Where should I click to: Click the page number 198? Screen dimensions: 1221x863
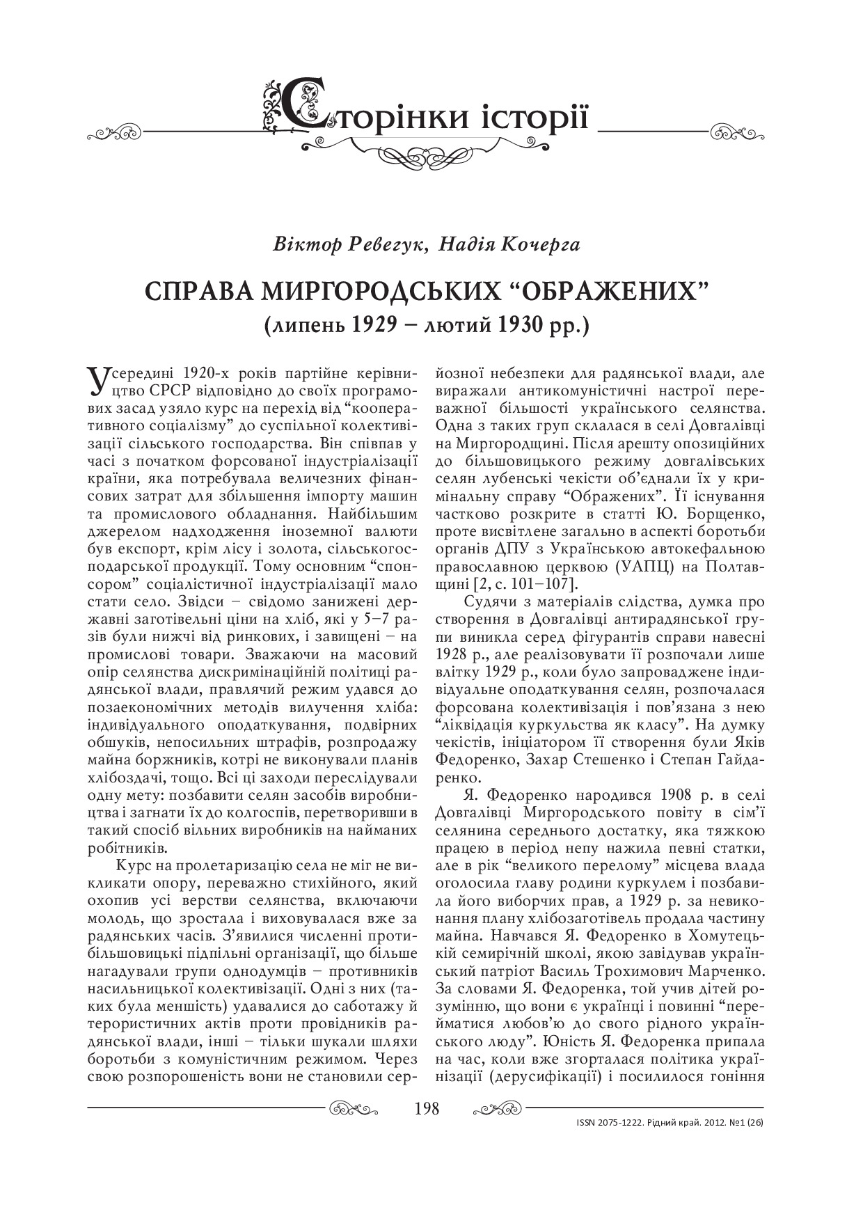tap(426, 1108)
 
